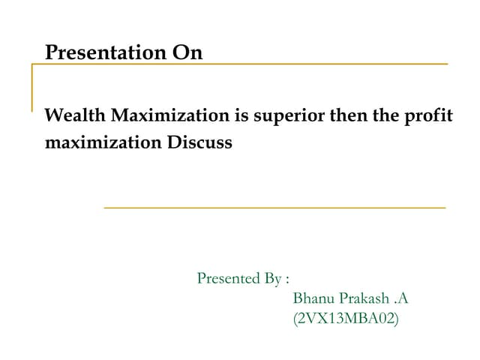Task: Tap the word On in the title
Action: point(187,53)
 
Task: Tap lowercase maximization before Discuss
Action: point(101,142)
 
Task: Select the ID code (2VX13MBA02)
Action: point(346,319)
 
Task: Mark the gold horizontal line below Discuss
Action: point(274,207)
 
